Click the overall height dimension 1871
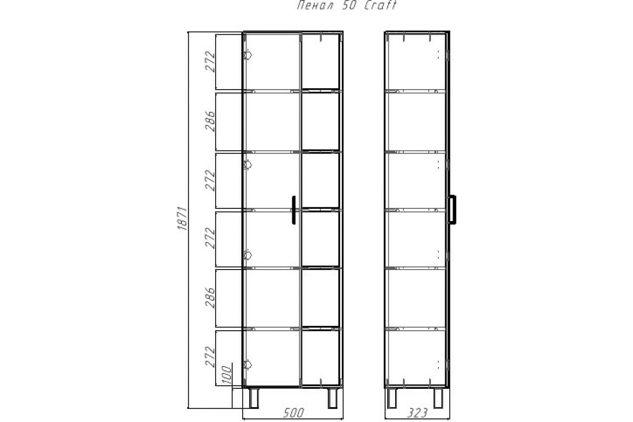pyautogui.click(x=183, y=218)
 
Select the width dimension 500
pyautogui.click(x=294, y=413)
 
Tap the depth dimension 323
pyautogui.click(x=417, y=413)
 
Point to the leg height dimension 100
pyautogui.click(x=227, y=375)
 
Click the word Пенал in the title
pyautogui.click(x=315, y=5)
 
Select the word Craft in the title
pyautogui.click(x=381, y=5)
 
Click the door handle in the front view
pyautogui.click(x=294, y=210)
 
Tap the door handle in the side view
pyautogui.click(x=452, y=209)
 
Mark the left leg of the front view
pyautogui.click(x=254, y=398)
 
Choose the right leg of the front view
pyautogui.click(x=333, y=398)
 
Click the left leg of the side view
pyautogui.click(x=391, y=398)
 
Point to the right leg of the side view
pyautogui.click(x=438, y=398)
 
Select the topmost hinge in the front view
pyautogui.click(x=247, y=55)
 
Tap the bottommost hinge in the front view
pyautogui.click(x=247, y=365)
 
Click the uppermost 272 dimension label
pyautogui.click(x=210, y=62)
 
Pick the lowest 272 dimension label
pyautogui.click(x=210, y=357)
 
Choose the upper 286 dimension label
pyautogui.click(x=210, y=121)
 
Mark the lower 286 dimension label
pyautogui.click(x=210, y=298)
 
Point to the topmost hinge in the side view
pyautogui.click(x=447, y=55)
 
